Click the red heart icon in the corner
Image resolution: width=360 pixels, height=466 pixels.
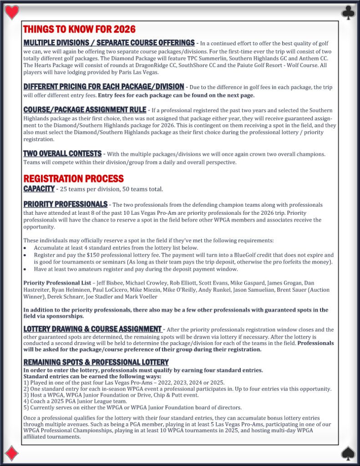[x=12, y=12]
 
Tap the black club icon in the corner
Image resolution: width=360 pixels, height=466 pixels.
[x=348, y=12]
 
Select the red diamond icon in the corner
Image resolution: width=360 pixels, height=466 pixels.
[x=12, y=453]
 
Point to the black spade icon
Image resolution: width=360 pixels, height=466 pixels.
[x=348, y=453]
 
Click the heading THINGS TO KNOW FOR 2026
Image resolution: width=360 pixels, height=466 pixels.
[x=79, y=30]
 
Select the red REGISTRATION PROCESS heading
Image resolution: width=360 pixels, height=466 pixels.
[x=73, y=178]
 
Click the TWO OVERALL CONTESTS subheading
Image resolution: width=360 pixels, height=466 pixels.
[x=62, y=154]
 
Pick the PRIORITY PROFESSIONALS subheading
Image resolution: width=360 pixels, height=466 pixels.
[x=65, y=204]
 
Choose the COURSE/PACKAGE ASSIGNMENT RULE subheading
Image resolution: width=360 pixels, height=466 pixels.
[x=85, y=110]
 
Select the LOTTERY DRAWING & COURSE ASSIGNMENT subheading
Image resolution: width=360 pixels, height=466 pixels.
[x=92, y=329]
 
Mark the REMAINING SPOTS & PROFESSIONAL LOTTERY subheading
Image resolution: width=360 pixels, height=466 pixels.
[x=96, y=362]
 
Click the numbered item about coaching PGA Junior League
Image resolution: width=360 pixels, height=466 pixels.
[x=75, y=401]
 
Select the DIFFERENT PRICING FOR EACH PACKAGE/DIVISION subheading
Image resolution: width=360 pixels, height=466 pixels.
[x=104, y=86]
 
